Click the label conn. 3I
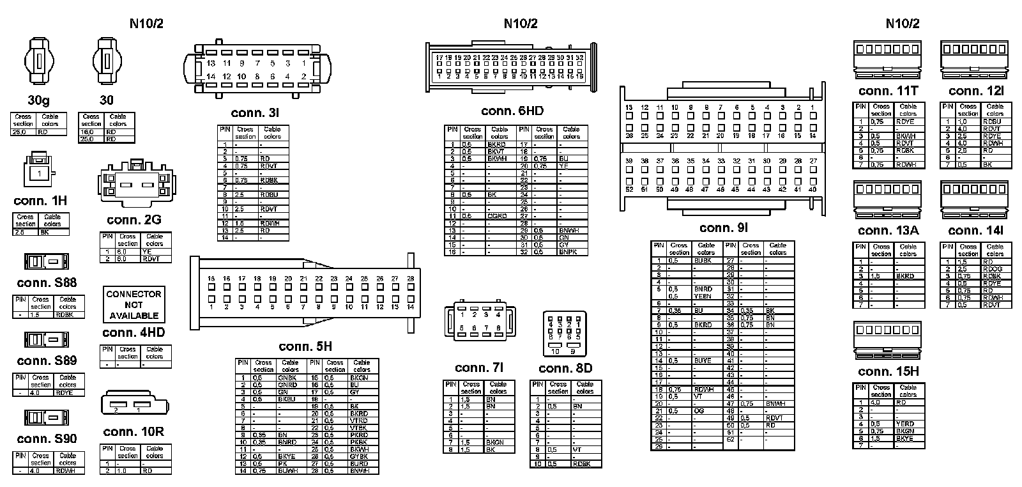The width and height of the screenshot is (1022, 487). [x=255, y=113]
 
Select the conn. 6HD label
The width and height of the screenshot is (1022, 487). [x=512, y=111]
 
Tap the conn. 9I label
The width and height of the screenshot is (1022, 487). [x=723, y=228]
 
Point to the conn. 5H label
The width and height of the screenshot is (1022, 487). [x=305, y=347]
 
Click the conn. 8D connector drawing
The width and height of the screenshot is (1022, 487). [x=564, y=334]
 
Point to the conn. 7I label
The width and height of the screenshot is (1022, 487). [x=479, y=368]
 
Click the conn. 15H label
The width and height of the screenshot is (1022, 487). [x=888, y=372]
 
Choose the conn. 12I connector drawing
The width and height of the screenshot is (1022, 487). [x=974, y=60]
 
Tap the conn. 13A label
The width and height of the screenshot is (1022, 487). [x=888, y=231]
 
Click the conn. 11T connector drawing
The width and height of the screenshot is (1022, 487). [x=887, y=60]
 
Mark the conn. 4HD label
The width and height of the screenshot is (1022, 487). [x=133, y=333]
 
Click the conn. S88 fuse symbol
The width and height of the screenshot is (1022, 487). [x=47, y=262]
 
